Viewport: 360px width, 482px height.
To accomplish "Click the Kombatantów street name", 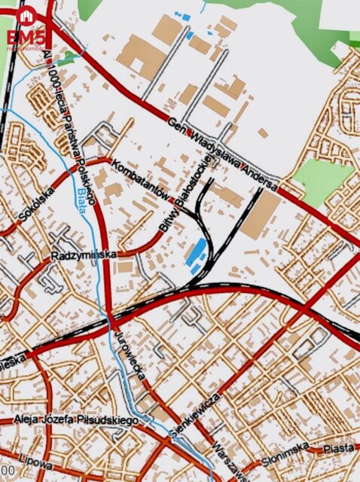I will (x=138, y=178).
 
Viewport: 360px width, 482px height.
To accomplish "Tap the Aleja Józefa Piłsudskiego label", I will (x=75, y=419).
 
